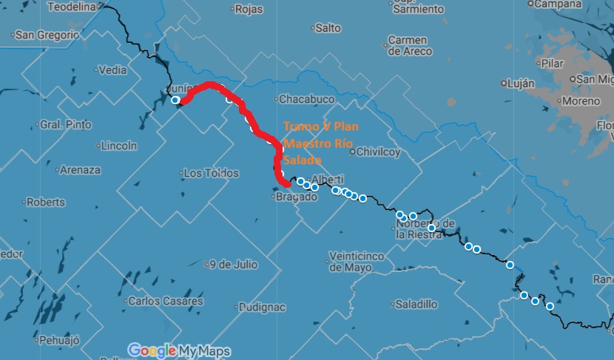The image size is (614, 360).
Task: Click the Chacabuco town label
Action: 306,100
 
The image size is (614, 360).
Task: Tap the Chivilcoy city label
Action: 378,152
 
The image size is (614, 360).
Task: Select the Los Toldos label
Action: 211,173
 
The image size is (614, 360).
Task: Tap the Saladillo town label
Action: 416,304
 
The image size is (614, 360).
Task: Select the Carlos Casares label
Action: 165,301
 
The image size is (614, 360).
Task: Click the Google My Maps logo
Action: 178,350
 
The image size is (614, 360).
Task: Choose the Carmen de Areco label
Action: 408,46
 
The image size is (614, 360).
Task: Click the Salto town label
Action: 328,28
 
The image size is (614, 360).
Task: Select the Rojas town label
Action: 249,10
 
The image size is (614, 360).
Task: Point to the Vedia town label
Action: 112,70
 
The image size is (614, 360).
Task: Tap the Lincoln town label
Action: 118,144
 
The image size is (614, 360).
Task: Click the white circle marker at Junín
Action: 175,101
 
